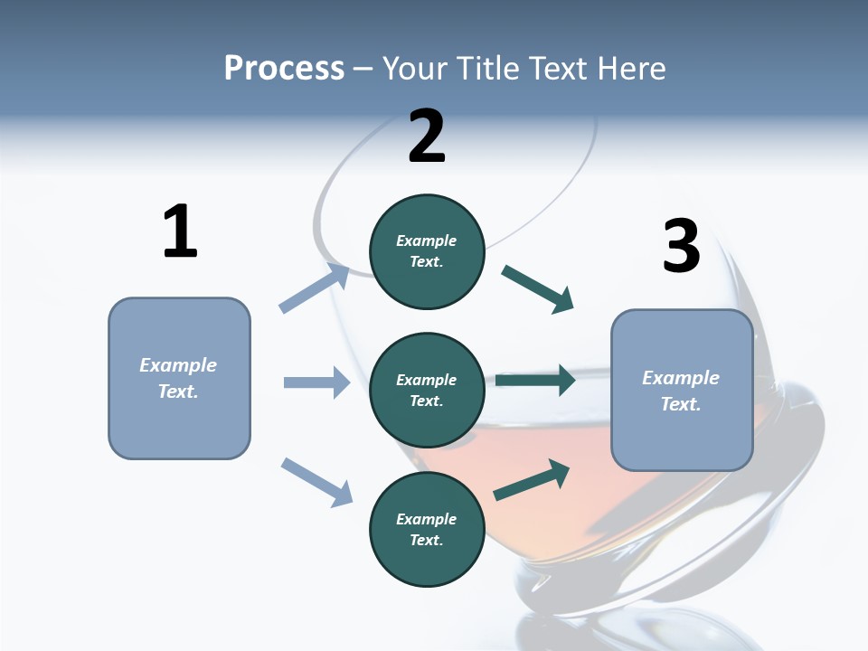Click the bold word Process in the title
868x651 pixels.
pyautogui.click(x=284, y=69)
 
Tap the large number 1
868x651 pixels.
pyautogui.click(x=180, y=231)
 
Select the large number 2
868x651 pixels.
pyautogui.click(x=427, y=137)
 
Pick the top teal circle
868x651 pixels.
pyautogui.click(x=427, y=251)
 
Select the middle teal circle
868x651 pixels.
pyautogui.click(x=427, y=390)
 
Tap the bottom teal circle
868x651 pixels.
pyautogui.click(x=427, y=530)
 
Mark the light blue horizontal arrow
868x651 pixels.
pyautogui.click(x=316, y=382)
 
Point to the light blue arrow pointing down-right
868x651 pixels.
pyautogui.click(x=316, y=482)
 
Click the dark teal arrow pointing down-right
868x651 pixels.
pyautogui.click(x=537, y=289)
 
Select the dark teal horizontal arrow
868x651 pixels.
pyautogui.click(x=535, y=381)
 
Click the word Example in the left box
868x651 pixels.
pyautogui.click(x=178, y=365)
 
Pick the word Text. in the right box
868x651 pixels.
pyautogui.click(x=681, y=404)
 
